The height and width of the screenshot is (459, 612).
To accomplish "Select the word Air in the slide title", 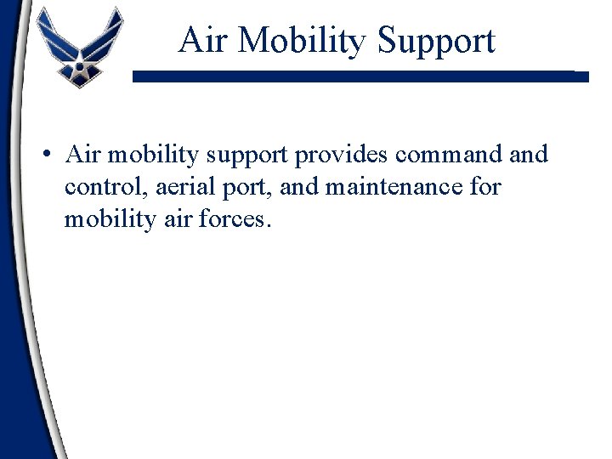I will [x=201, y=40].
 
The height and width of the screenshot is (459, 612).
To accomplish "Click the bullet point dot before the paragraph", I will [x=50, y=156].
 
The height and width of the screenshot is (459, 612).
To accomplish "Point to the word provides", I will [x=343, y=156].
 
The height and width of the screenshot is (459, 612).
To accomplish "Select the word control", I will [x=100, y=186].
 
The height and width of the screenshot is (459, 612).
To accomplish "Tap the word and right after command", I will [x=530, y=155].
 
